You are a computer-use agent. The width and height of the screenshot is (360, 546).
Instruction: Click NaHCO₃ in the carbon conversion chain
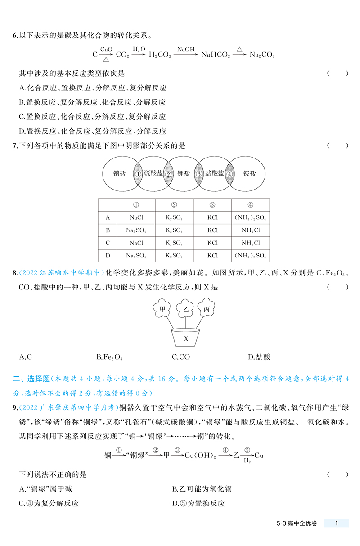pos(216,55)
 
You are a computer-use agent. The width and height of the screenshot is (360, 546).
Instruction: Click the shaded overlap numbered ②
pos(168,174)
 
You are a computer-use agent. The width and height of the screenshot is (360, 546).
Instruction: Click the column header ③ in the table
pos(212,204)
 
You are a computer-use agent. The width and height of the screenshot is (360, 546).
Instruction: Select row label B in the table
pos(108,230)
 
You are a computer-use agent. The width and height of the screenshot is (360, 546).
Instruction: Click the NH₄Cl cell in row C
pos(250,243)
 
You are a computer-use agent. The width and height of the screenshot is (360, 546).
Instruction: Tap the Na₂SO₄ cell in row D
pos(136,255)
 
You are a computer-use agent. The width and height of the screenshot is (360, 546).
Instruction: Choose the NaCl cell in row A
pos(136,217)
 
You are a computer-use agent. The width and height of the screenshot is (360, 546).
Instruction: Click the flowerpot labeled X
pos(186,338)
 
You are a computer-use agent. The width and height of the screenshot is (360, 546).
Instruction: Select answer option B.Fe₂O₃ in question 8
pos(109,357)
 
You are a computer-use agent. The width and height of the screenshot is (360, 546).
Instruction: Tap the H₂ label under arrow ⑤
pos(247,461)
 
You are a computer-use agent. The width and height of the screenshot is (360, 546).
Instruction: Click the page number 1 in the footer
pos(337,523)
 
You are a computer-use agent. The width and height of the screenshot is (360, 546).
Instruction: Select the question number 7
pos(14,145)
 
